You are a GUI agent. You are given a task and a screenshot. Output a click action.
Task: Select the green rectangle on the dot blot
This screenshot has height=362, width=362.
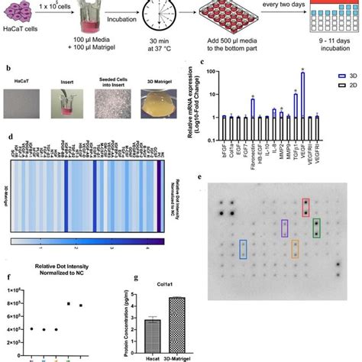[317, 228]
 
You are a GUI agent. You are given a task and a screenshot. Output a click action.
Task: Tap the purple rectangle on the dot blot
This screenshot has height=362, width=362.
[284, 228]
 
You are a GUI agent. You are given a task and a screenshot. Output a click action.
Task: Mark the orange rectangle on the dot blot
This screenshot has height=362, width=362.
[295, 249]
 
